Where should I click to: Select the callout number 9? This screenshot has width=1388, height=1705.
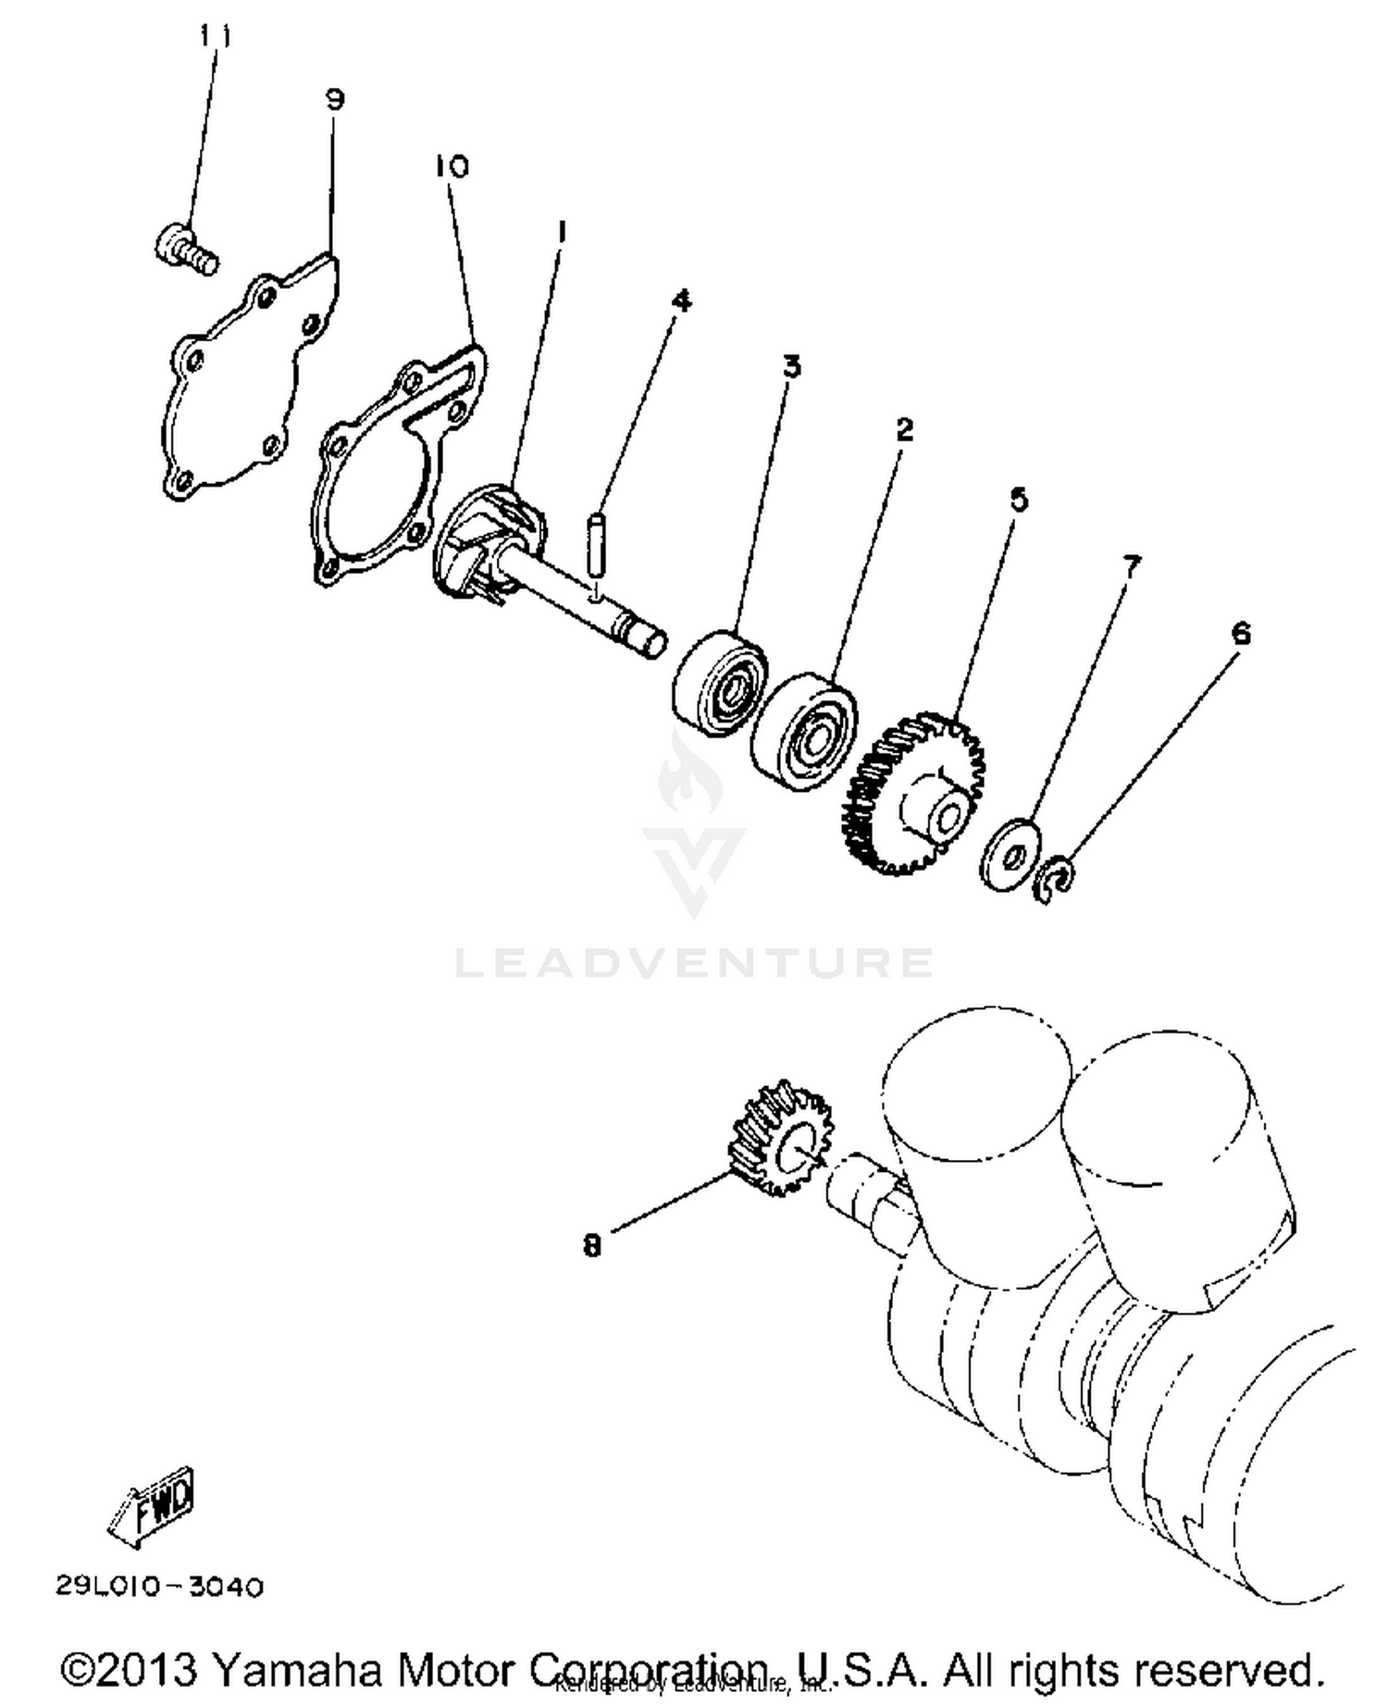point(334,99)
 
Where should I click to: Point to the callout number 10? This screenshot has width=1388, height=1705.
point(452,167)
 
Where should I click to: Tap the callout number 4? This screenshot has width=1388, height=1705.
point(681,300)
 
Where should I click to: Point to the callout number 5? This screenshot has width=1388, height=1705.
point(1018,500)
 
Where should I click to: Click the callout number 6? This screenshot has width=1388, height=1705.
point(1240,634)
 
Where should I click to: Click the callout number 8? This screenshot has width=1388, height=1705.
point(592,1246)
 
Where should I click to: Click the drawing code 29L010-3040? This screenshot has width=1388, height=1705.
point(159,1587)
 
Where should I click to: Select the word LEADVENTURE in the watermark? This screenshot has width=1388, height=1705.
point(694,963)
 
